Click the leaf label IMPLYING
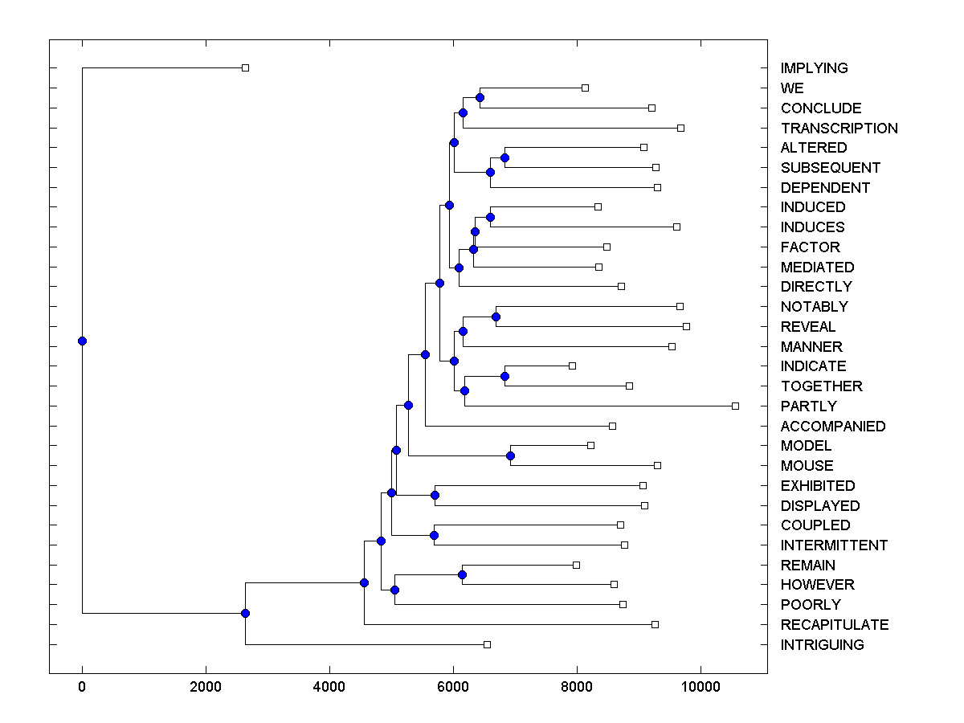[x=814, y=68]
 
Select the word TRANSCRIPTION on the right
[x=839, y=129]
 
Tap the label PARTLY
[x=808, y=406]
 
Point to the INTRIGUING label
[x=822, y=645]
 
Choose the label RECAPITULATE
[x=834, y=625]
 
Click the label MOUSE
[x=807, y=466]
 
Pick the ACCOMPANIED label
[x=832, y=427]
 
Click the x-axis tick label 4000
[x=329, y=688]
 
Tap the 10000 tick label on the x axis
[x=701, y=688]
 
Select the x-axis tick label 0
[x=82, y=688]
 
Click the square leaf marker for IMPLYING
[x=246, y=67]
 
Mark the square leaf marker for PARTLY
[x=735, y=406]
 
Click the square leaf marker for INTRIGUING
[x=487, y=644]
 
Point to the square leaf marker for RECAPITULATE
[x=655, y=624]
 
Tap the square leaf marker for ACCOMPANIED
[x=612, y=426]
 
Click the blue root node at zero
[x=82, y=341]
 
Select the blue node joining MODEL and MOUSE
[x=510, y=455]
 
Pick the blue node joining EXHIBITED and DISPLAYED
[x=435, y=495]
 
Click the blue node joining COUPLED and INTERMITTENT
[x=434, y=535]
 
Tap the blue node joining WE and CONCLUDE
[x=480, y=97]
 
